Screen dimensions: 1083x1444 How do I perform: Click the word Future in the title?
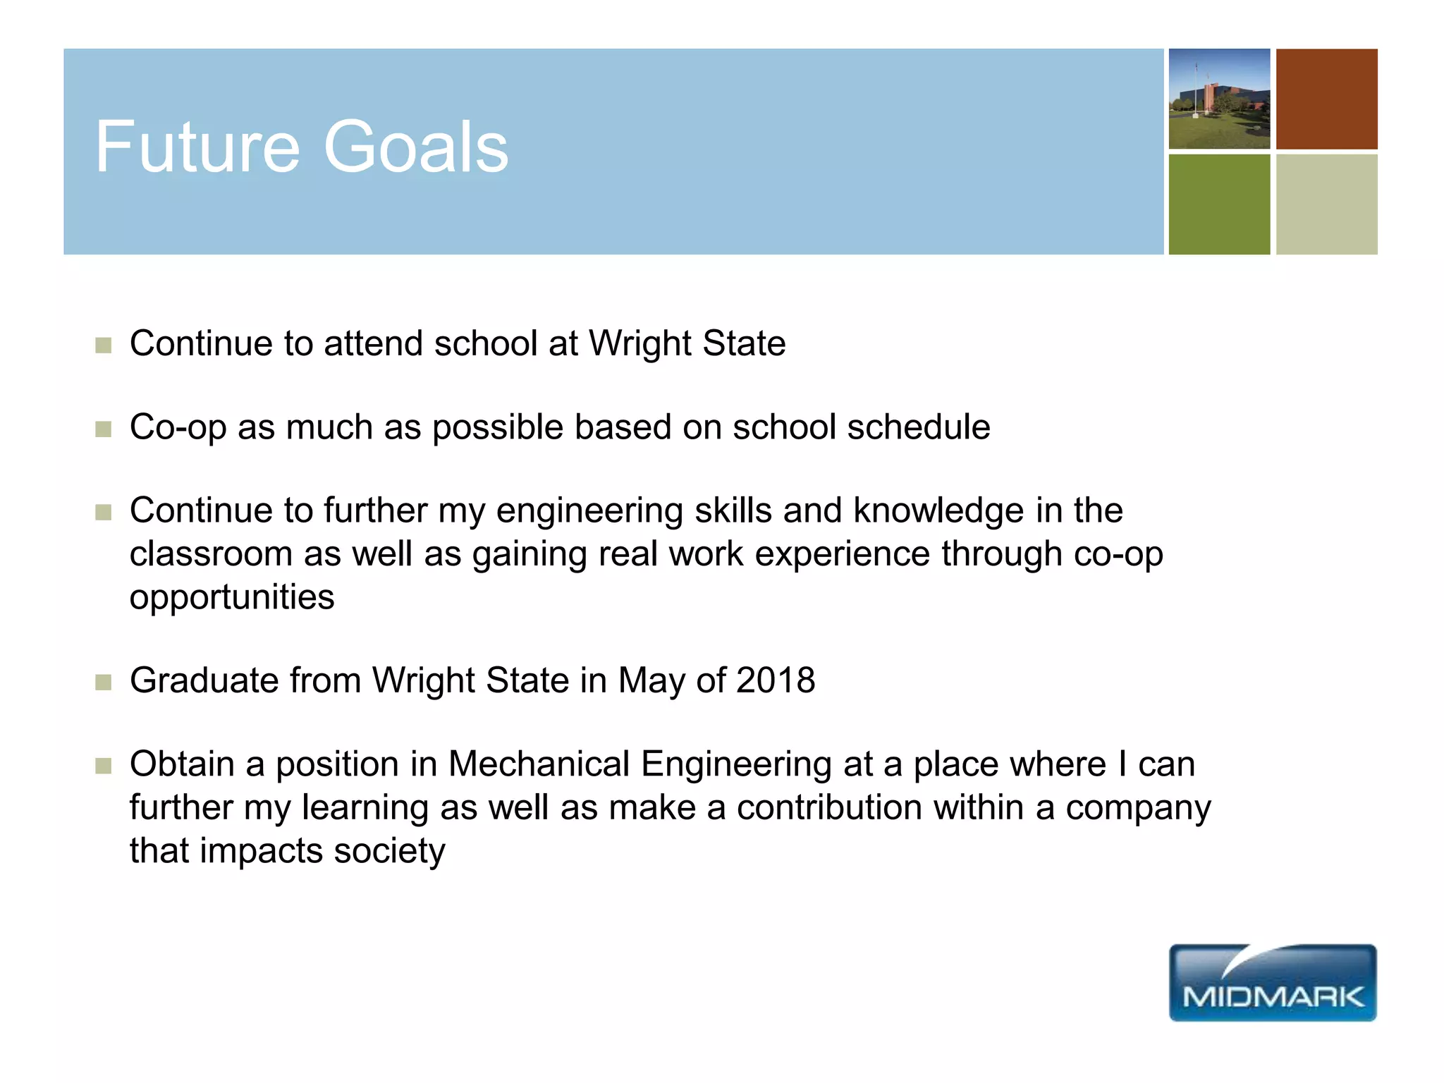[x=197, y=147]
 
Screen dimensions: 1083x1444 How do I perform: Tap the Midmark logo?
[x=1272, y=983]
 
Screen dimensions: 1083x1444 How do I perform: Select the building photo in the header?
[x=1219, y=99]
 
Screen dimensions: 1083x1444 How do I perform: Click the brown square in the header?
[x=1326, y=99]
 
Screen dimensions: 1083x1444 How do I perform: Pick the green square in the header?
[x=1219, y=204]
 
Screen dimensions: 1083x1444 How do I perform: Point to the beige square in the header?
[x=1326, y=204]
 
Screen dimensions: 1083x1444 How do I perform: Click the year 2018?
[x=776, y=681]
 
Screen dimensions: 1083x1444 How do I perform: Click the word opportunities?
[x=232, y=598]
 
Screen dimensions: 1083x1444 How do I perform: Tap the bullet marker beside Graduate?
[x=104, y=683]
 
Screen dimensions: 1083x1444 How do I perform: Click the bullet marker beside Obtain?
[x=104, y=766]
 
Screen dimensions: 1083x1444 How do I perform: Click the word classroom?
[x=211, y=554]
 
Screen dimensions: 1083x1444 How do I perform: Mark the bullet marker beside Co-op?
[x=104, y=429]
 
